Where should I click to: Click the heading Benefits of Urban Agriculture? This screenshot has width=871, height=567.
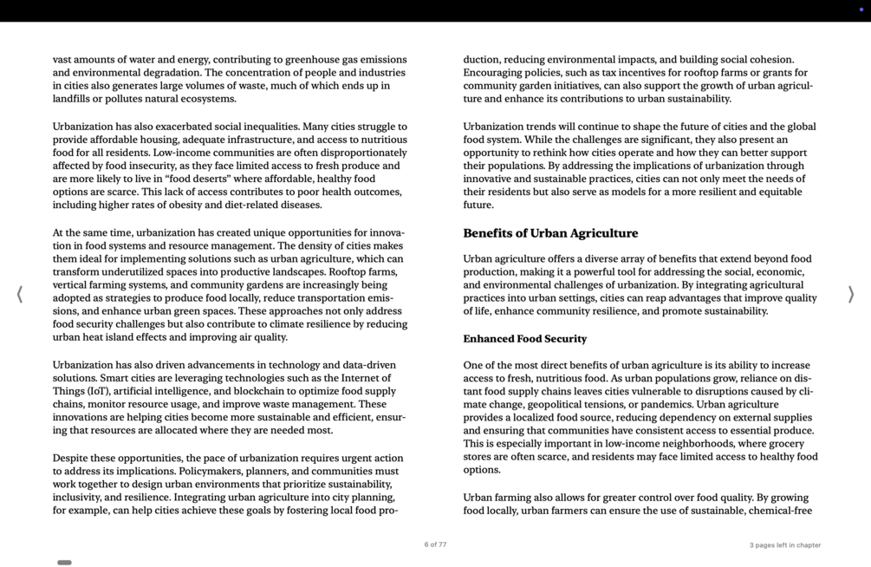pyautogui.click(x=550, y=233)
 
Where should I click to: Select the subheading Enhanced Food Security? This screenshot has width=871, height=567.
pyautogui.click(x=524, y=339)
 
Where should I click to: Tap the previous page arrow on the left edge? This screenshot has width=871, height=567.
pyautogui.click(x=19, y=295)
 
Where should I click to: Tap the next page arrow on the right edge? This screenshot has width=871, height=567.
pyautogui.click(x=850, y=295)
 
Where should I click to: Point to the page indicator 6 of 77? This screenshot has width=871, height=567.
pyautogui.click(x=435, y=545)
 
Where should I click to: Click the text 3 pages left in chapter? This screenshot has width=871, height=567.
pyautogui.click(x=784, y=545)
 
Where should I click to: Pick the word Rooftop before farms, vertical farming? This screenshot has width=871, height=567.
pyautogui.click(x=349, y=272)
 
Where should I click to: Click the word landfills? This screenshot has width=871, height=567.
pyautogui.click(x=74, y=99)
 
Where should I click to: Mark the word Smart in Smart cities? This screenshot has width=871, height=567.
pyautogui.click(x=114, y=378)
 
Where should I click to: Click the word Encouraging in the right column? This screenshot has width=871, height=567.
pyautogui.click(x=496, y=73)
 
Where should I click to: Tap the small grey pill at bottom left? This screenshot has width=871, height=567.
pyautogui.click(x=64, y=563)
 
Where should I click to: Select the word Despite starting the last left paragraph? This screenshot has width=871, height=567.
pyautogui.click(x=72, y=459)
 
